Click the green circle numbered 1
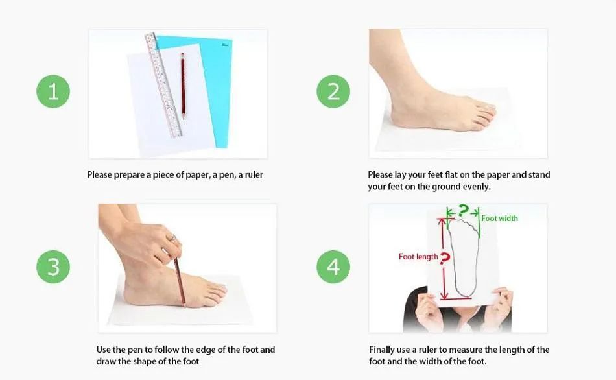pos(53,91)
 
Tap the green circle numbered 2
pos(333,91)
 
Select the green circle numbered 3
pos(53,267)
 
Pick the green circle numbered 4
pos(333,267)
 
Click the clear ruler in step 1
pos(163,85)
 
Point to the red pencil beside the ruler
pos(183,86)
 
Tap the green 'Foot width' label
pos(500,218)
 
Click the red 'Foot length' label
pos(418,257)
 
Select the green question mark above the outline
pos(464,210)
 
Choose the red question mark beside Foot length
pos(445,258)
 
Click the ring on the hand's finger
pos(172,238)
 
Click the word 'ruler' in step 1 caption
pos(254,175)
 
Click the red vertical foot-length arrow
pos(444,259)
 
